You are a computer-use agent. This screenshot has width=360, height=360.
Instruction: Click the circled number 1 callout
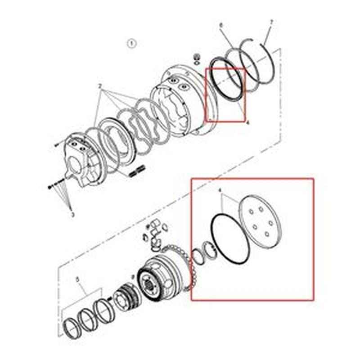tap(131, 43)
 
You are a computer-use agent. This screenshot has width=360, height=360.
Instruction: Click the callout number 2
tap(99, 85)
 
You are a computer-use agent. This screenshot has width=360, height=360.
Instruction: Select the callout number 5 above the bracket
tap(78, 279)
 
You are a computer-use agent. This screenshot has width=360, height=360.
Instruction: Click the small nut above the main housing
tap(197, 57)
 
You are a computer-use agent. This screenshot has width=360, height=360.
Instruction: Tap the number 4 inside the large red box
tap(220, 191)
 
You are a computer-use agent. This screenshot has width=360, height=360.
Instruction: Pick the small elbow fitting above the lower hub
tap(156, 243)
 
